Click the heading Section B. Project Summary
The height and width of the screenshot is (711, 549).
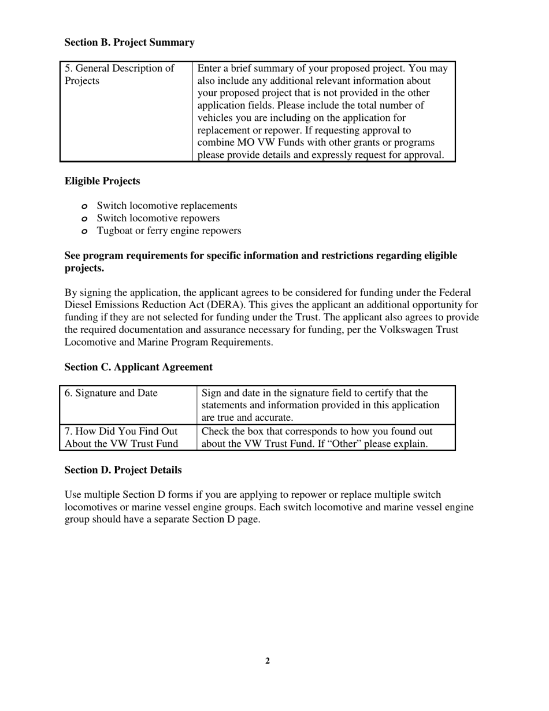point(129,43)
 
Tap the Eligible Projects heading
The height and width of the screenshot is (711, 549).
point(102,182)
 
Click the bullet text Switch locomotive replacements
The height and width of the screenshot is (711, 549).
point(167,206)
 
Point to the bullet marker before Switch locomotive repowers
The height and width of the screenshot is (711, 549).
point(84,219)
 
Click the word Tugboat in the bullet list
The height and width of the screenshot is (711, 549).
point(115,231)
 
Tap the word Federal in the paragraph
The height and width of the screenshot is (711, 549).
point(454,292)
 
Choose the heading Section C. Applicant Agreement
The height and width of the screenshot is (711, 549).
point(138,368)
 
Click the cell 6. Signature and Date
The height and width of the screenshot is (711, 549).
point(111,394)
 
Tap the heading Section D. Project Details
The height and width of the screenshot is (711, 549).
point(123,471)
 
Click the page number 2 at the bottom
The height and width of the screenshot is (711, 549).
point(268,661)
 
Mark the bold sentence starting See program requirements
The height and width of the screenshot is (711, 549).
point(261,262)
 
